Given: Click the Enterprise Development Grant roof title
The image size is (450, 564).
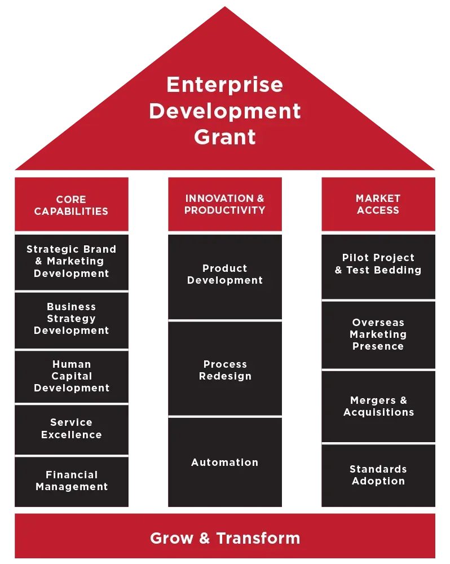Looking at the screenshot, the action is [x=224, y=111].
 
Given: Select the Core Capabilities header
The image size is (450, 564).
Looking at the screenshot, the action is [x=71, y=205].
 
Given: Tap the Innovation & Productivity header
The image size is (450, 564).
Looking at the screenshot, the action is [x=224, y=204].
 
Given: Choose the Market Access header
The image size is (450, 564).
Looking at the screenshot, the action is [x=378, y=204].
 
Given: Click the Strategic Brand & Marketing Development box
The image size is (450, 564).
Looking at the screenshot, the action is [x=72, y=261].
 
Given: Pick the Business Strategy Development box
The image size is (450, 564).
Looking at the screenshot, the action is [x=72, y=319].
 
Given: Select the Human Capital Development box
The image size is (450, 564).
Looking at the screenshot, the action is [x=72, y=376].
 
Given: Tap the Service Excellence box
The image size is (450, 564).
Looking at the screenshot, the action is [x=72, y=429].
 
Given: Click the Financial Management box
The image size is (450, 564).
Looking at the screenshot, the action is [x=72, y=481].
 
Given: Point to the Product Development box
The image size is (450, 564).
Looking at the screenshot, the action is [x=225, y=274].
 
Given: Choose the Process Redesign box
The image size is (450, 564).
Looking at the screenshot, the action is [x=225, y=370].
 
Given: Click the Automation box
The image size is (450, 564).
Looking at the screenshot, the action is [x=225, y=462].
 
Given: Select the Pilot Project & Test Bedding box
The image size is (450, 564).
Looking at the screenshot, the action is [x=378, y=264].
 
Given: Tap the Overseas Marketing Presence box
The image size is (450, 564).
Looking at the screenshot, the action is [x=378, y=334].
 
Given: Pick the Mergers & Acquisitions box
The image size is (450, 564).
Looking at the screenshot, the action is [x=378, y=406].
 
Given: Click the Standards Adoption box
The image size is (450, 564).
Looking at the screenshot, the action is [x=378, y=475].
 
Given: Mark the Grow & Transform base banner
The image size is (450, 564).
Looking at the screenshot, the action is [x=225, y=537].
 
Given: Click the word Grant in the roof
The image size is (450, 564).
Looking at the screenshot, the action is [x=225, y=137].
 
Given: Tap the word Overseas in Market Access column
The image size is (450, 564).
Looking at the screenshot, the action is [x=378, y=323].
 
